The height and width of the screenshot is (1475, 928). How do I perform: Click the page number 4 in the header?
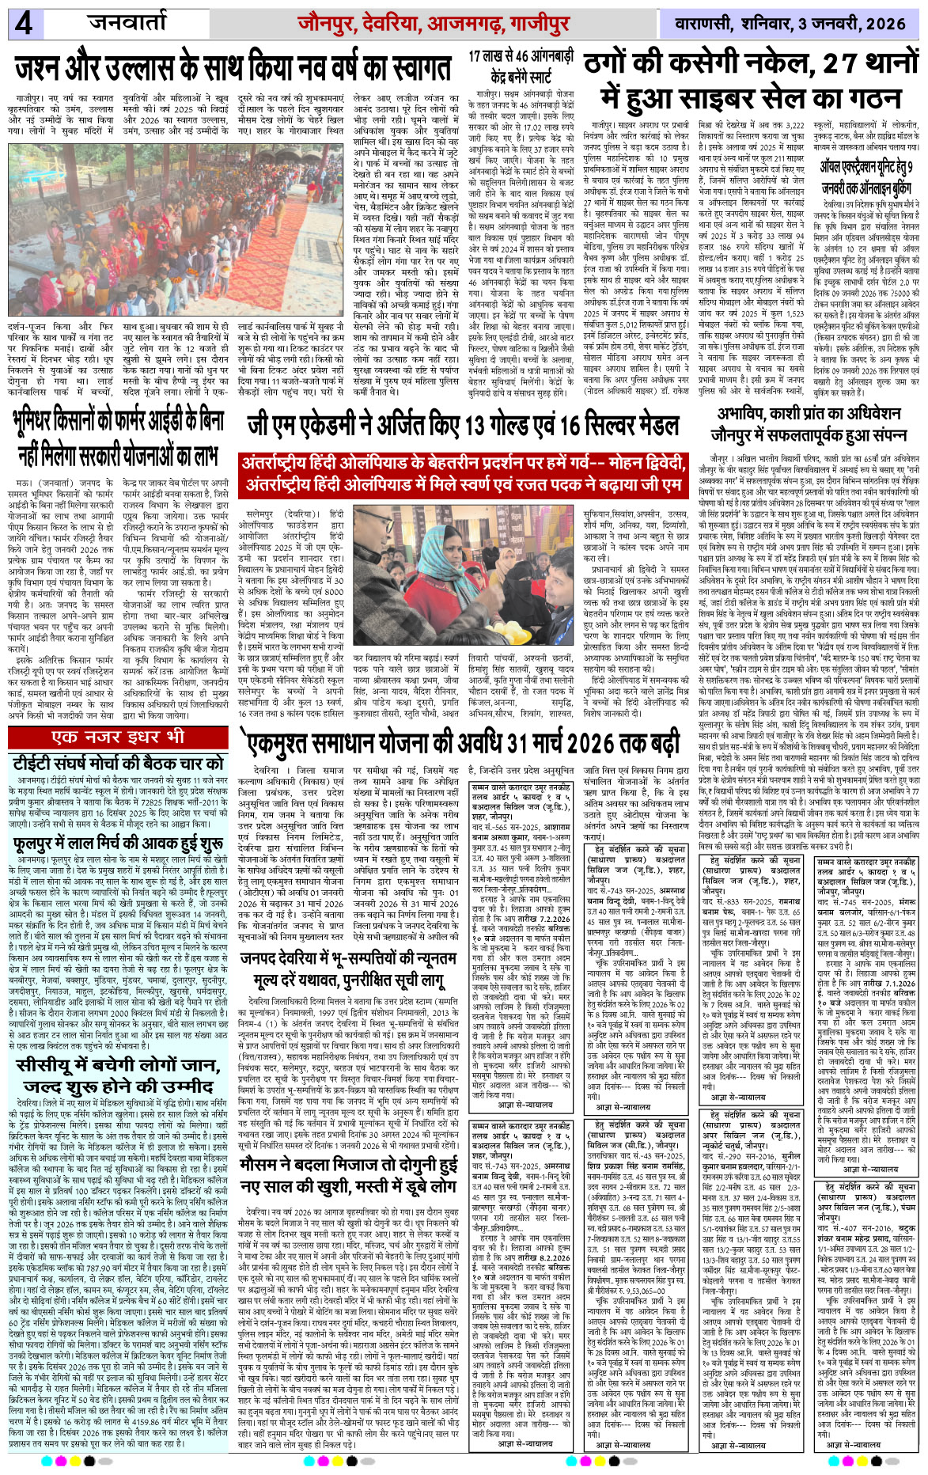(24, 24)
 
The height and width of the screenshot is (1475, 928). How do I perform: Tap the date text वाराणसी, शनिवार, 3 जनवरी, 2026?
(790, 24)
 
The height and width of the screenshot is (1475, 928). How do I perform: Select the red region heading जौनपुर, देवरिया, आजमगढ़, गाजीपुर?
(434, 24)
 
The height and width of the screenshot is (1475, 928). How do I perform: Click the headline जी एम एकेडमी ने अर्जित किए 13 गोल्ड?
(463, 427)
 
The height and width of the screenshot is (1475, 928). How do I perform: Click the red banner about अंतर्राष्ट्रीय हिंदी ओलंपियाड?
(463, 472)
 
